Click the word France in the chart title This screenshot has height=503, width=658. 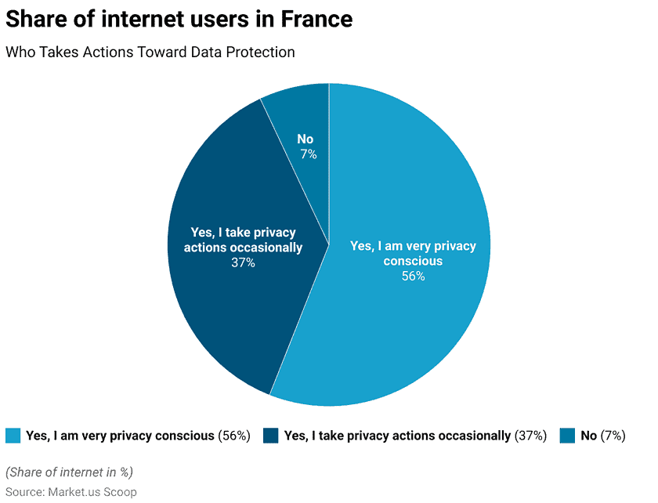312,19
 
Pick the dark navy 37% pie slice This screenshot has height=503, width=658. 227,313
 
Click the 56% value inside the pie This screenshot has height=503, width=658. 413,276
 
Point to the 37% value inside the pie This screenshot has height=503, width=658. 243,262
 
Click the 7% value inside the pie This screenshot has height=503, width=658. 308,154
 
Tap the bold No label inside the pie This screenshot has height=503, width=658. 305,139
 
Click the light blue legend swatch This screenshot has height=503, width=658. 13,436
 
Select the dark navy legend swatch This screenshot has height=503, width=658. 271,436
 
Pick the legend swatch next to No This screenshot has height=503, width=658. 568,436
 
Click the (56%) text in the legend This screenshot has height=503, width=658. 234,436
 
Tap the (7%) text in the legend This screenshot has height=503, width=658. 613,436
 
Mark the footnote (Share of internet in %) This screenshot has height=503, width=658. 69,472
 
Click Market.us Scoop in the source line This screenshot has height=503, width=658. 92,491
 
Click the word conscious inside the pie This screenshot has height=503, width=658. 413,261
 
